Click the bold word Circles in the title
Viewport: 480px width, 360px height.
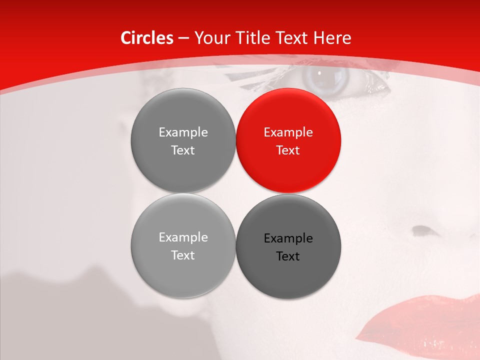tap(147, 38)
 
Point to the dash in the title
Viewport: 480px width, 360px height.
tap(183, 38)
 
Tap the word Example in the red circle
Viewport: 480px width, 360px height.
tap(288, 132)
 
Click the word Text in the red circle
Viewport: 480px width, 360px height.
tap(288, 150)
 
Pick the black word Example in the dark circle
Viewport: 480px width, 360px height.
tap(288, 238)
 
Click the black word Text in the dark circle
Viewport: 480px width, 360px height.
tap(288, 256)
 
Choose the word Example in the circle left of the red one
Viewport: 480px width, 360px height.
tap(183, 132)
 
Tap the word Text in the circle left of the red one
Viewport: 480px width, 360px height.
tap(183, 150)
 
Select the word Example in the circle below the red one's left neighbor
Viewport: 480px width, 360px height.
tap(183, 237)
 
